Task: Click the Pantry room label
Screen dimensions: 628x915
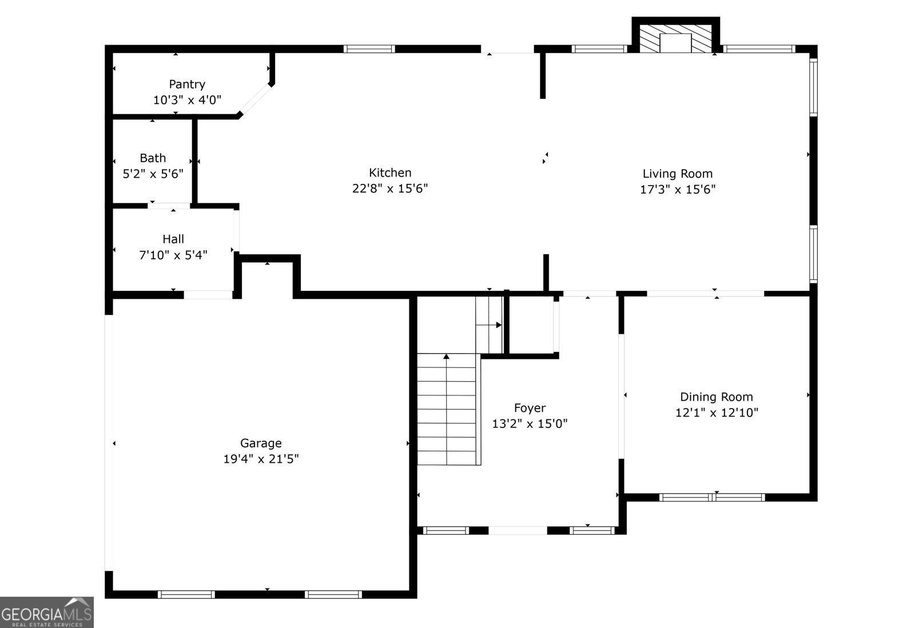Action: (187, 85)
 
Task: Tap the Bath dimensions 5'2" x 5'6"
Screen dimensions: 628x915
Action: (153, 174)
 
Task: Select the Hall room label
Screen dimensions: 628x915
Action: (173, 239)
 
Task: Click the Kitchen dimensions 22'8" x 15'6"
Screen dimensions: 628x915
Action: (390, 189)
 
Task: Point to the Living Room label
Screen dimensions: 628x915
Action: (677, 174)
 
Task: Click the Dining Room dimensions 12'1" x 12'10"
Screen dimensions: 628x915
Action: (717, 413)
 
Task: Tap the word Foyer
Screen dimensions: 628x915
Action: (530, 408)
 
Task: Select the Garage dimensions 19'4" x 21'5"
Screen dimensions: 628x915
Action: (261, 459)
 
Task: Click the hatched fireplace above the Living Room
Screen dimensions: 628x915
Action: (675, 38)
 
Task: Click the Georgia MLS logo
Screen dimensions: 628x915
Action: (47, 613)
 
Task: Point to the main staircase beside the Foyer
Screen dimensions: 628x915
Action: (447, 409)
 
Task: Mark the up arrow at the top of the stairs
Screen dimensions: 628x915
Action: (446, 357)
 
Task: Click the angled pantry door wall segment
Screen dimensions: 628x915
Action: (255, 101)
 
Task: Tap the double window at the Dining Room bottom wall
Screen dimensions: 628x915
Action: (712, 497)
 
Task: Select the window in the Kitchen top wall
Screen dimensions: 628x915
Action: (369, 49)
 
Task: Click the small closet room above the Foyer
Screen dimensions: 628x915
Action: (531, 324)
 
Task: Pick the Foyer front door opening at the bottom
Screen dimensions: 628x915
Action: (518, 530)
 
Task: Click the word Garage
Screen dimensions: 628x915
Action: (261, 443)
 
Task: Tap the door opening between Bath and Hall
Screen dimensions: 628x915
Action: (169, 206)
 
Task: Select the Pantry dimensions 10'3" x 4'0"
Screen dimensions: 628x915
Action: (187, 101)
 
